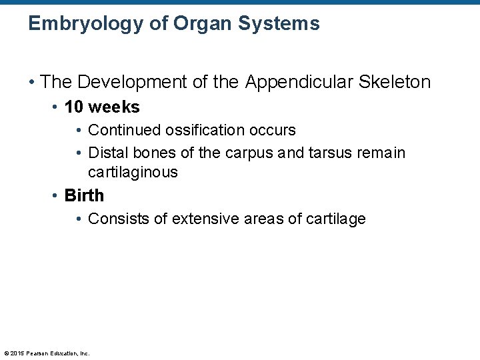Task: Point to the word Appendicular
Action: tap(300, 83)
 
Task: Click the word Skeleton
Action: tap(395, 83)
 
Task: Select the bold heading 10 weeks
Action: tap(102, 107)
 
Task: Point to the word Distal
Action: tap(107, 153)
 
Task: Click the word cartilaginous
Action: tap(133, 172)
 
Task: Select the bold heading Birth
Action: tap(84, 195)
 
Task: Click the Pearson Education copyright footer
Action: tap(47, 353)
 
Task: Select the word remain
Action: tap(381, 153)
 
